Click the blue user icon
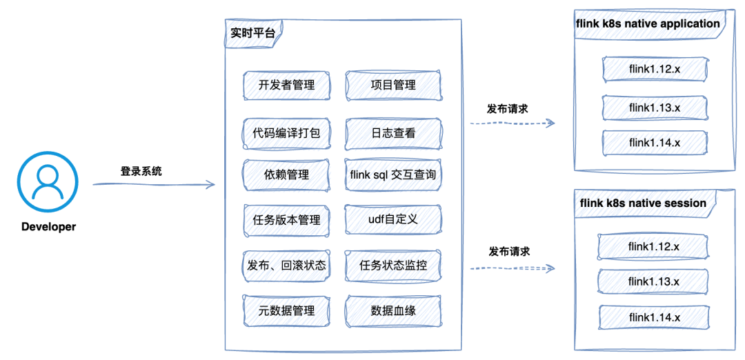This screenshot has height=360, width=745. click(48, 182)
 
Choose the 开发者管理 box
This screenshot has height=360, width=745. click(286, 86)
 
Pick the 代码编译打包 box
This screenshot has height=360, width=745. click(286, 133)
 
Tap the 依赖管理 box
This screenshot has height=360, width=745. click(286, 175)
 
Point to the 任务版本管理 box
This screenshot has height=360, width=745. click(286, 219)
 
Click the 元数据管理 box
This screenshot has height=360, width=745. click(286, 310)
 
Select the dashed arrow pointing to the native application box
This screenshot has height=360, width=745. click(512, 123)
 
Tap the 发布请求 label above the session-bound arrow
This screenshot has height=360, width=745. click(510, 252)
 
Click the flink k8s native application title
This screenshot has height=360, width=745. click(648, 25)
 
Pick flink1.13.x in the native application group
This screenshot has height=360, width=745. click(655, 108)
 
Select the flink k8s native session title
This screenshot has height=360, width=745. click(646, 203)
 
